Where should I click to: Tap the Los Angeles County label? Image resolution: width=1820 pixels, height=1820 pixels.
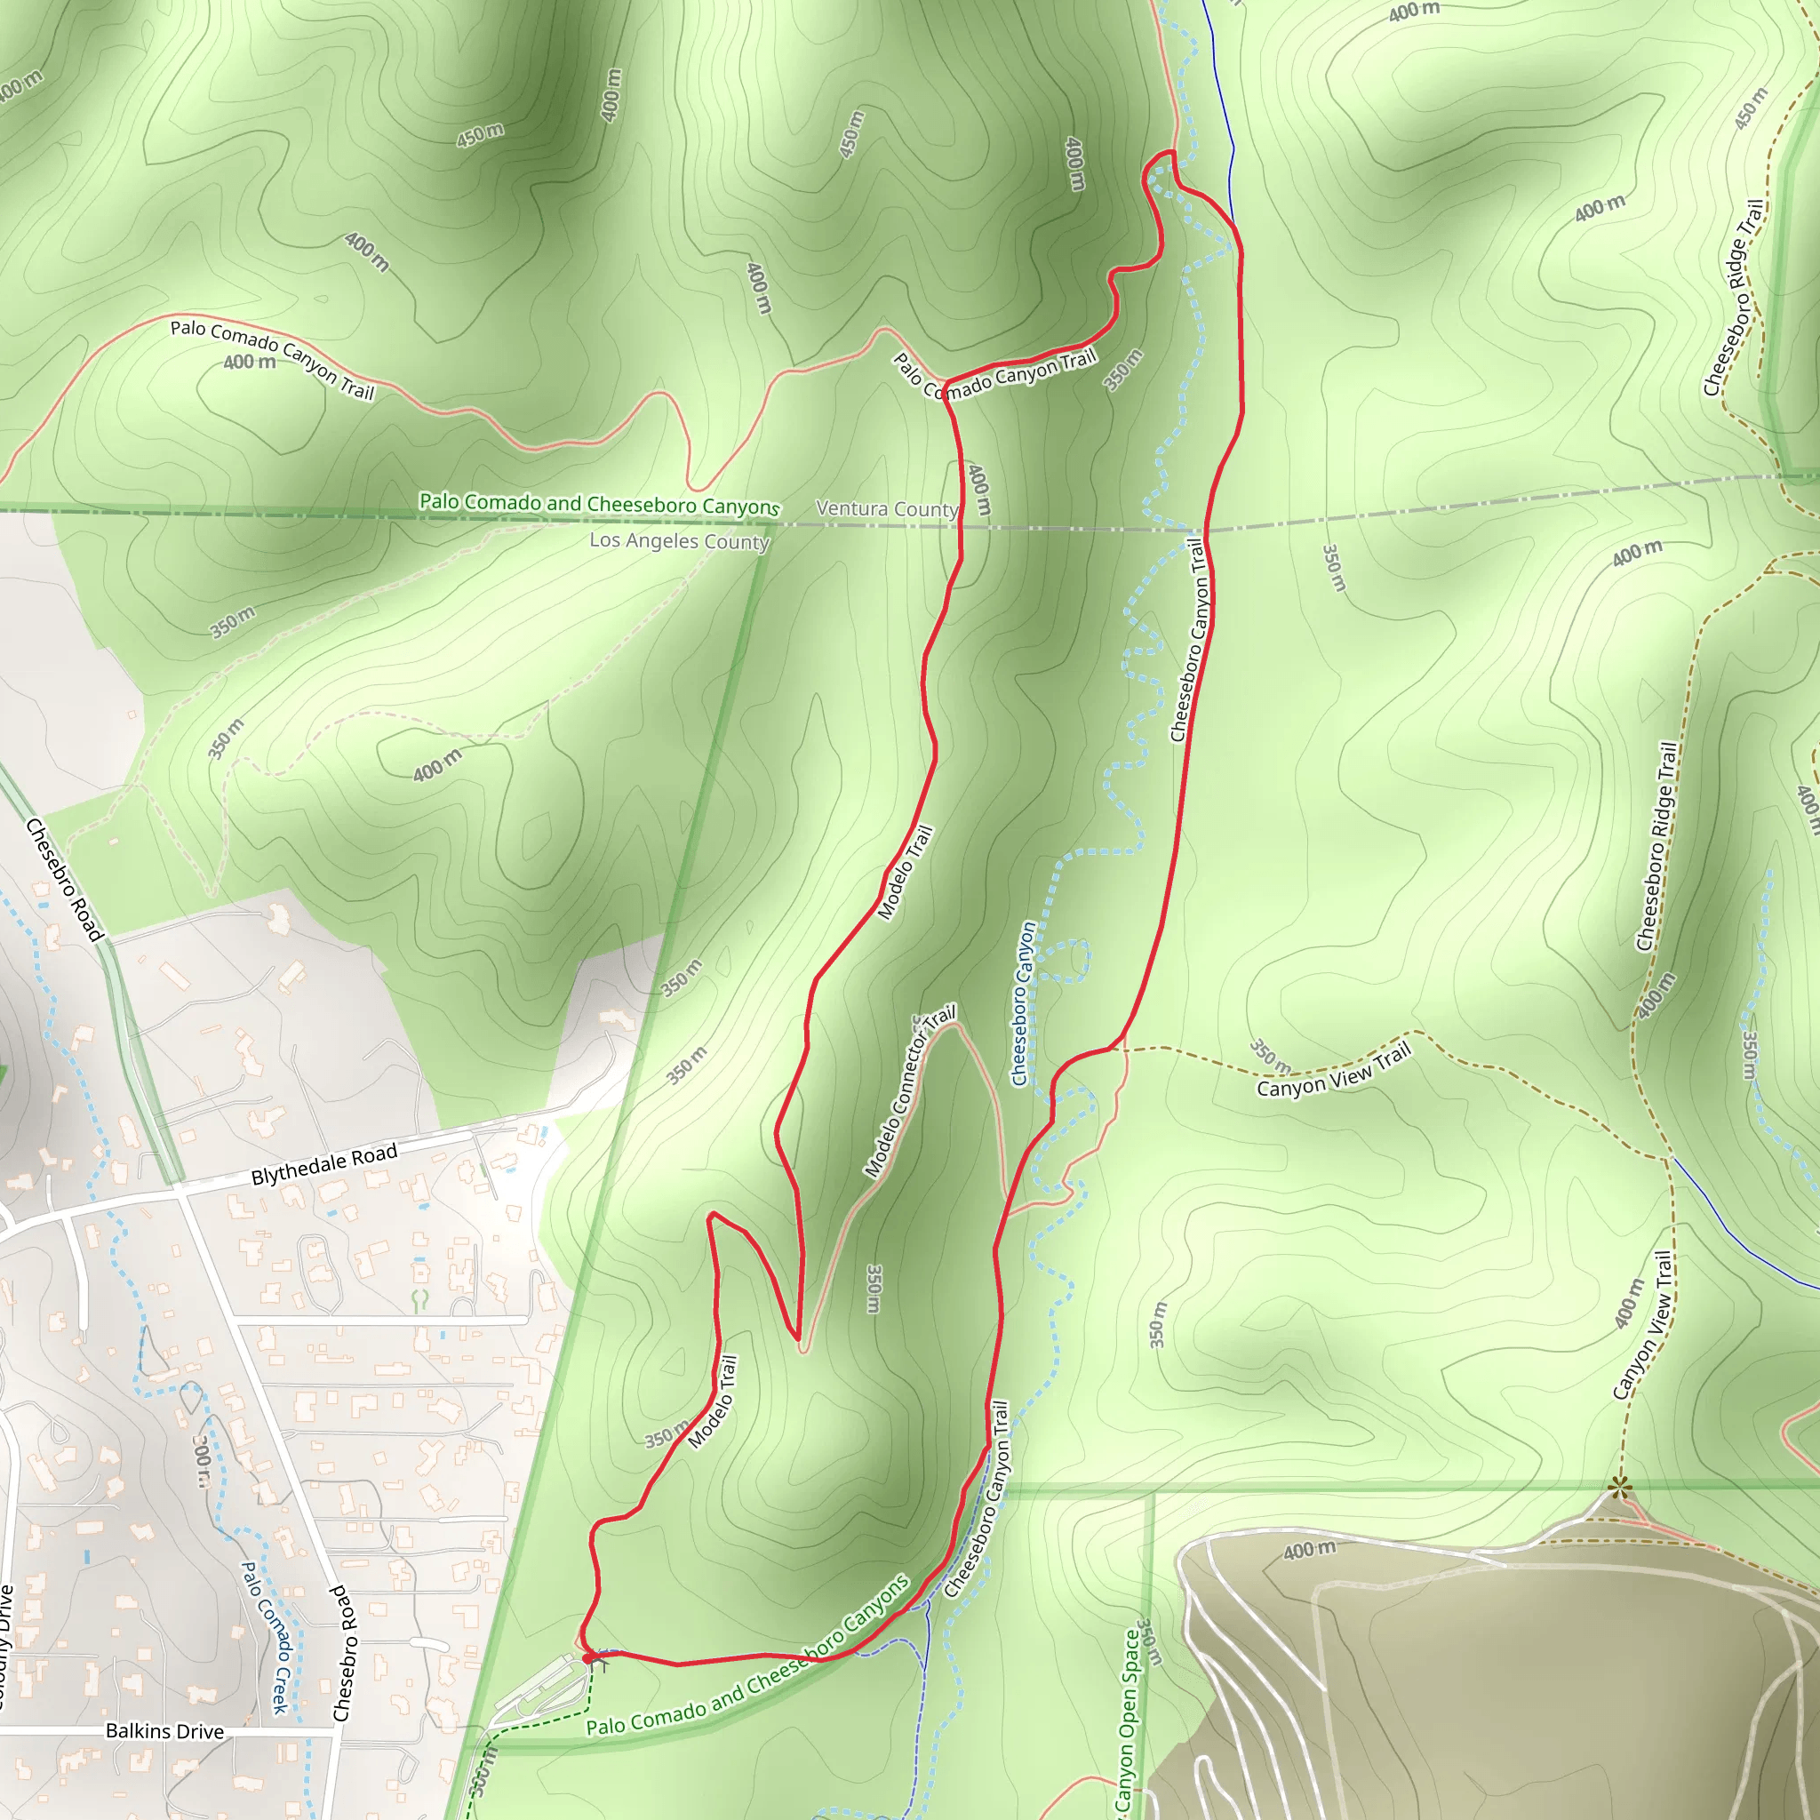click(679, 540)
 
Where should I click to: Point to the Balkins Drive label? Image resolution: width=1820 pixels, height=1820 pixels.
click(165, 1731)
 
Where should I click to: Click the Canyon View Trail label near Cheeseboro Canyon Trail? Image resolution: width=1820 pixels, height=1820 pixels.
click(1334, 1071)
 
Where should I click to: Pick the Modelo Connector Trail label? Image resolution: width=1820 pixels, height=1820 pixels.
click(909, 1092)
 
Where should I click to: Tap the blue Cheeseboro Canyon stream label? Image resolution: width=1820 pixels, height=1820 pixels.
click(1023, 1004)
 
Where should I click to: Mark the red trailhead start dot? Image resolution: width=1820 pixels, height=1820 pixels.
click(587, 1658)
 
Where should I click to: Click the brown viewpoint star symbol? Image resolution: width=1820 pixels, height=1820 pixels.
click(1619, 1489)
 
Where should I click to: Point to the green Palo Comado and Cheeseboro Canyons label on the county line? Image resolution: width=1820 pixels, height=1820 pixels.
click(599, 503)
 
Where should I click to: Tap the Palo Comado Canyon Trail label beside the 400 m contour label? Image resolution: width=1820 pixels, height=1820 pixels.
click(272, 359)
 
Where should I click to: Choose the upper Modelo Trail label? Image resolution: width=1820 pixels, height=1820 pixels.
click(905, 873)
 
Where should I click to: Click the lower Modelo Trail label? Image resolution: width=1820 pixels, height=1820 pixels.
click(713, 1401)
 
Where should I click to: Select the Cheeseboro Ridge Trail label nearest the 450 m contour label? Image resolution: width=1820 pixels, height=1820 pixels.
click(1733, 298)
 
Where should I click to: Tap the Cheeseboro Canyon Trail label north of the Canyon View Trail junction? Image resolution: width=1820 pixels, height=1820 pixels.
click(1188, 640)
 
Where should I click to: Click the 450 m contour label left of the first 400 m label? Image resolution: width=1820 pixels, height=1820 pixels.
click(480, 135)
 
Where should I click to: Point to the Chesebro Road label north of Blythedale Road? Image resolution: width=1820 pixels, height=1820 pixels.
click(63, 880)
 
